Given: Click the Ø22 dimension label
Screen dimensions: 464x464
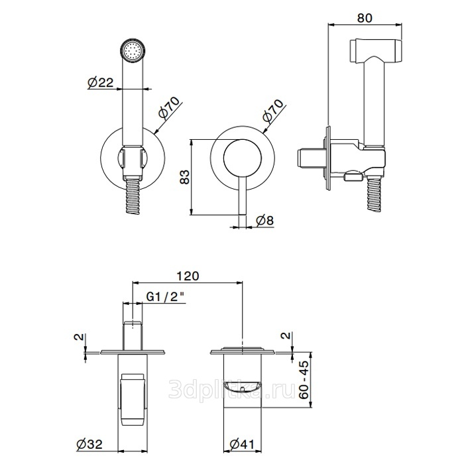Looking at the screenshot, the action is pyautogui.click(x=101, y=82).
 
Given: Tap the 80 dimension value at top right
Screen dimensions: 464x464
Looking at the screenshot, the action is pyautogui.click(x=365, y=18).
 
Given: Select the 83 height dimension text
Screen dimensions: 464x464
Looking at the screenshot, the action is pyautogui.click(x=185, y=177).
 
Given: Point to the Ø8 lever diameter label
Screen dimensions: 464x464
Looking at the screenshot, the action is pyautogui.click(x=265, y=221).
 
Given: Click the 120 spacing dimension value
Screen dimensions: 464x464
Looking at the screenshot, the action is pyautogui.click(x=188, y=276).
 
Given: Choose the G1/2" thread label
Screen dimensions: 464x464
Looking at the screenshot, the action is pyautogui.click(x=166, y=297).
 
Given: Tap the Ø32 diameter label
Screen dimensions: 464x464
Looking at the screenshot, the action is pyautogui.click(x=89, y=444).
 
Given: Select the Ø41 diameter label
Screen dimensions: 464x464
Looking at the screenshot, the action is pyautogui.click(x=242, y=444).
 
